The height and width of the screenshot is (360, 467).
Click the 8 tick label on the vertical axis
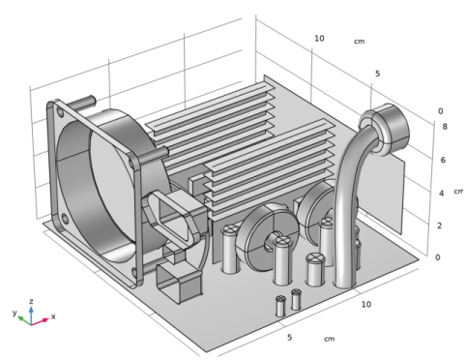pos(445,127)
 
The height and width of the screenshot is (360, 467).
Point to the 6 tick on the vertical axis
pos(443,160)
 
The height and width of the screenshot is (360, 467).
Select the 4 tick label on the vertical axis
pos(442,194)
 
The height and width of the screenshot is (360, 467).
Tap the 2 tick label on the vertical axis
pos(439,225)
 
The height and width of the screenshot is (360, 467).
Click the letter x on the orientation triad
pos(53,316)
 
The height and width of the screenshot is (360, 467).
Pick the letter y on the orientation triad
pos(15,313)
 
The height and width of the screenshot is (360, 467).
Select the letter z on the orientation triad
pos(31,301)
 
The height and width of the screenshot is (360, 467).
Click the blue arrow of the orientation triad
pos(31,315)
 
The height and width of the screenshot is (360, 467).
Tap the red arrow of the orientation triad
pos(40,321)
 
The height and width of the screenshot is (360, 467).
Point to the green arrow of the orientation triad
pos(24,320)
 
